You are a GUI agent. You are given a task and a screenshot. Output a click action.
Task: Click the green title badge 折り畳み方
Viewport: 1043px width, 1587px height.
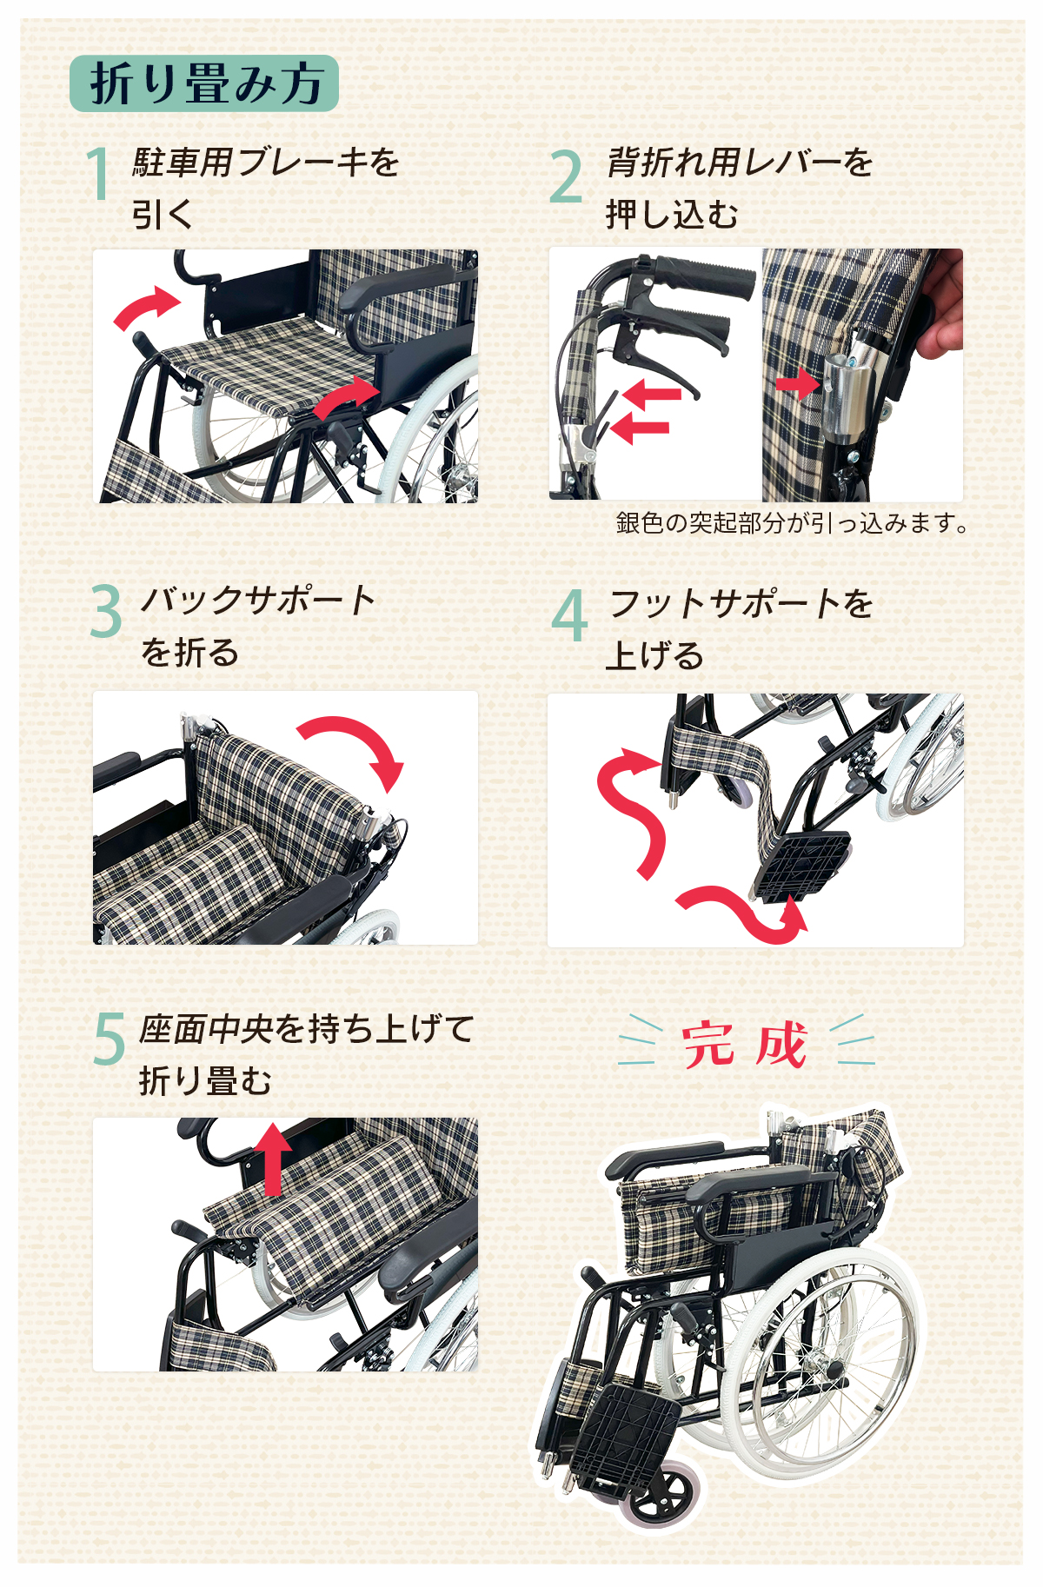pos(203,83)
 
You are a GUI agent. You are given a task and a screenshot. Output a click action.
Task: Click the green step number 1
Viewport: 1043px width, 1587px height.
pos(99,173)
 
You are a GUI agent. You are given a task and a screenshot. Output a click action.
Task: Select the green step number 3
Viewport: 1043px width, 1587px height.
pos(106,611)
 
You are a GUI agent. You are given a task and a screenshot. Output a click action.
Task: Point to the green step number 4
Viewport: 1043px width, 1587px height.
pos(569,614)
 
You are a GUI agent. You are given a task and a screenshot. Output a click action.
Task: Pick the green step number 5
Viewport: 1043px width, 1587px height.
pos(110,1039)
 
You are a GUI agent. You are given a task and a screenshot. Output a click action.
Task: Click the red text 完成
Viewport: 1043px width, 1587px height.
pos(745,1044)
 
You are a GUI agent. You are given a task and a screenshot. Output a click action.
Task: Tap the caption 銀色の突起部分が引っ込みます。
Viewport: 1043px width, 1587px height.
pos(791,523)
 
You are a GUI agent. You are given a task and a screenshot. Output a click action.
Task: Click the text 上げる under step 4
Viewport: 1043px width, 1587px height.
pos(654,655)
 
